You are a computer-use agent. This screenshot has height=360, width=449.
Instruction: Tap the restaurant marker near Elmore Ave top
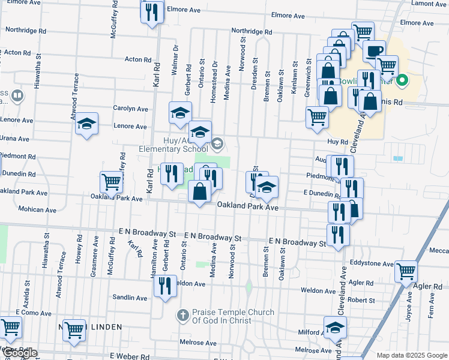point(152,11)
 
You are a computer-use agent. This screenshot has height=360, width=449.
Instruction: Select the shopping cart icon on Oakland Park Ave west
point(110,182)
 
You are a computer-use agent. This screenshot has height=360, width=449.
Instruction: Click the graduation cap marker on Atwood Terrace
point(87,125)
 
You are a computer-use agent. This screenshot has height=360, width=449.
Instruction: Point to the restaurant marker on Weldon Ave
point(164,285)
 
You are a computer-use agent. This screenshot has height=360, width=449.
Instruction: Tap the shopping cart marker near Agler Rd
point(406,271)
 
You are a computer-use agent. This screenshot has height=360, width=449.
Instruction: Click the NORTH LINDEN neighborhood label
point(90,327)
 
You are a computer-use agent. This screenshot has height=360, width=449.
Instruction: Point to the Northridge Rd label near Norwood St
point(252,32)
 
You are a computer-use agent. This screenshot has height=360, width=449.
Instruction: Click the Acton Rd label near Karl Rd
point(138,59)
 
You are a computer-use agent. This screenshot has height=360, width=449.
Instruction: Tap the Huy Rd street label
point(337,142)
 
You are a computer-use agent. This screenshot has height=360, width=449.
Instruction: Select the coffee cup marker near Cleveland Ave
point(374,50)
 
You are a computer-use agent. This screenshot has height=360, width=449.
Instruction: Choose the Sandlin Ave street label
point(130,298)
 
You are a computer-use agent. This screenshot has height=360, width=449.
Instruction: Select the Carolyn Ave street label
point(130,109)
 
